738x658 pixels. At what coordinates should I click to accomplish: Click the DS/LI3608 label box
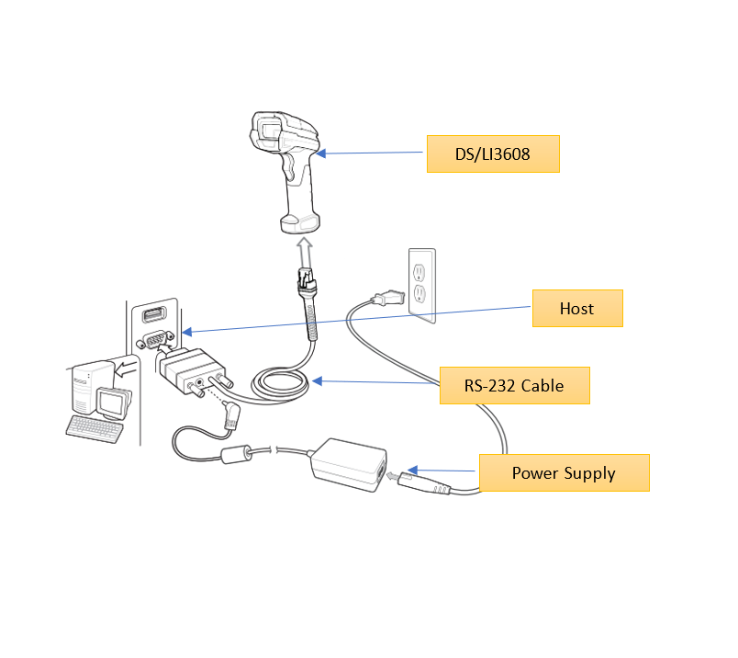click(x=492, y=153)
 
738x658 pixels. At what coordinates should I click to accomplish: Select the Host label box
click(x=577, y=308)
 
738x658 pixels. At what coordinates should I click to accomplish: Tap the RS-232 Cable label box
click(x=514, y=385)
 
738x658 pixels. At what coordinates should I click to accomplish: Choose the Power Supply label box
click(x=564, y=472)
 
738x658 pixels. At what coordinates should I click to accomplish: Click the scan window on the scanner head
click(x=269, y=130)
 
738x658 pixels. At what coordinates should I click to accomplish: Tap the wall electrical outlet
click(x=420, y=283)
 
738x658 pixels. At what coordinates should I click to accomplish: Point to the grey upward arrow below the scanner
click(x=305, y=251)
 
